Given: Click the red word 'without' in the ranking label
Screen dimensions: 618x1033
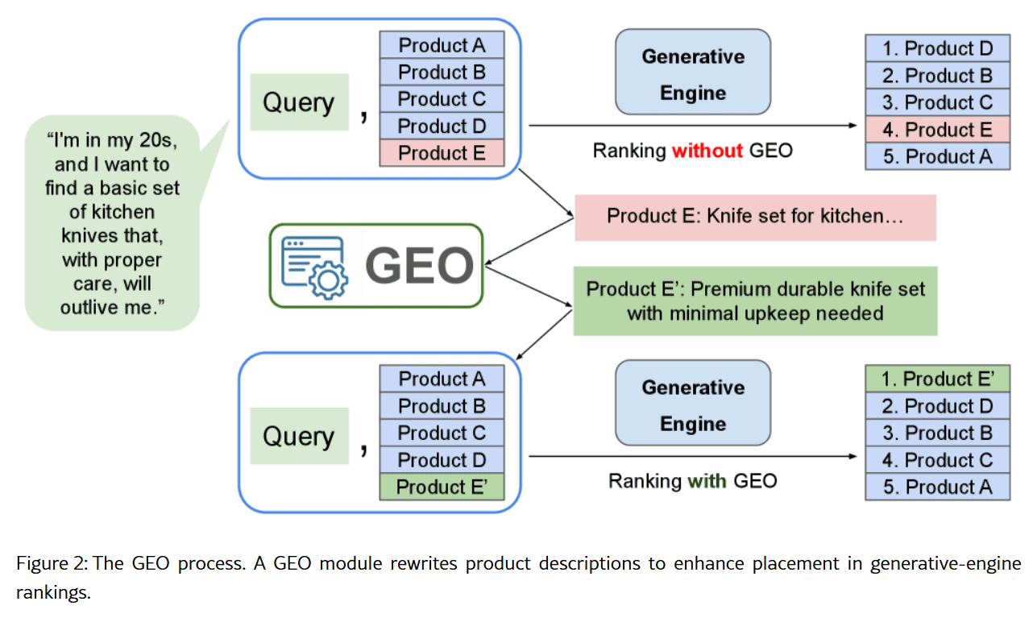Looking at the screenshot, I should click(707, 150).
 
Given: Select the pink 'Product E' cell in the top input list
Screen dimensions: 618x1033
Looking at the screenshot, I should click(442, 153).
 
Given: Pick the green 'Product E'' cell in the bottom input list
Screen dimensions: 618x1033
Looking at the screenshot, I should click(442, 487).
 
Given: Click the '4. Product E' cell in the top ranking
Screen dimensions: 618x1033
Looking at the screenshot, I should click(937, 130).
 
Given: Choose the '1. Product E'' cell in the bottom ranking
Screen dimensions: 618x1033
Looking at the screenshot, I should click(937, 380).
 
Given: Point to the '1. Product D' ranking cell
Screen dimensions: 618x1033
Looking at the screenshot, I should click(937, 48).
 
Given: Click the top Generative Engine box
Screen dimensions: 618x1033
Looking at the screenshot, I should click(692, 74).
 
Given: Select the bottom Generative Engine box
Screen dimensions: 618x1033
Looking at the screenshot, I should click(692, 405).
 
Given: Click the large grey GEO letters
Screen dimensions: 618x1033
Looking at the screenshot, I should click(419, 266).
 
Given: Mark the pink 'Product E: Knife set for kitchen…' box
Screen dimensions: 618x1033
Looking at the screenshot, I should click(755, 217).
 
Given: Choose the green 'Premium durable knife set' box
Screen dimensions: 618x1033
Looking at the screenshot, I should click(755, 301).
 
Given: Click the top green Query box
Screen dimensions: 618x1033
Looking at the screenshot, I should click(299, 102).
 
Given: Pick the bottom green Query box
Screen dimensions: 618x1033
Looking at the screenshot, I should click(299, 436).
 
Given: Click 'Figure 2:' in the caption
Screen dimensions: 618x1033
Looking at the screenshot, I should click(52, 563).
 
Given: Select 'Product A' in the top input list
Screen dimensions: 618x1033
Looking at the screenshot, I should click(442, 45).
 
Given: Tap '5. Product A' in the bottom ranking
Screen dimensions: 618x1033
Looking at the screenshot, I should click(937, 487).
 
